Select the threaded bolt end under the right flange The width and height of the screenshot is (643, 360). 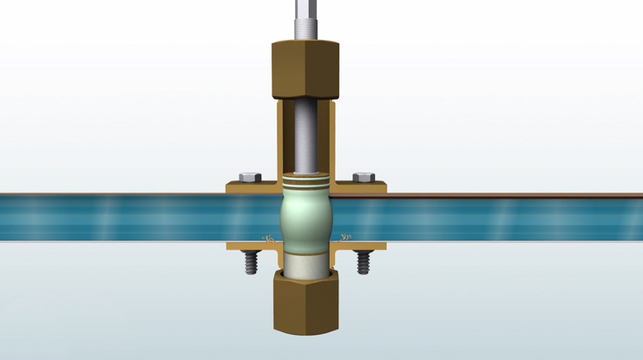tap(364, 261)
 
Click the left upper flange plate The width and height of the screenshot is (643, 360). tap(252, 187)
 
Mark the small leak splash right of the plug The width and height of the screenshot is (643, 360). tap(344, 236)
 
